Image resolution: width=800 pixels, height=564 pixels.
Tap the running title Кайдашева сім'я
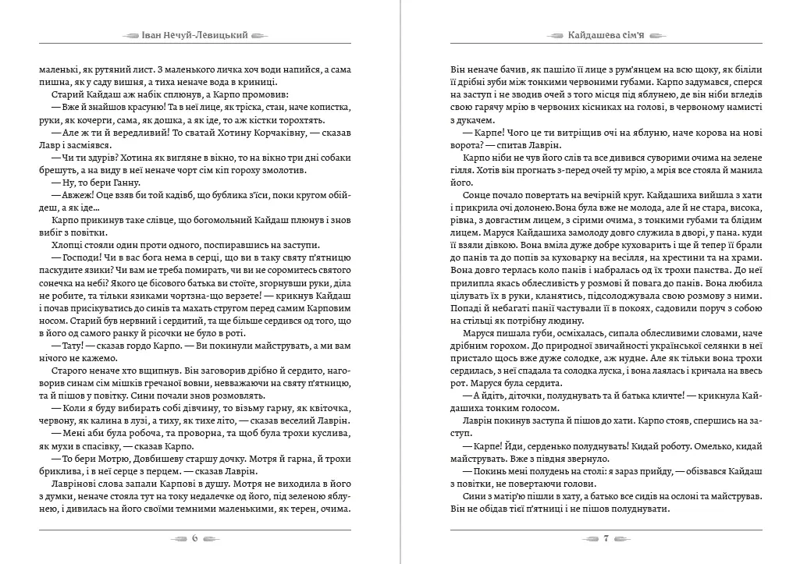[606, 36]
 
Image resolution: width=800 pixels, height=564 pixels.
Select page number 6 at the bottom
[195, 537]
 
